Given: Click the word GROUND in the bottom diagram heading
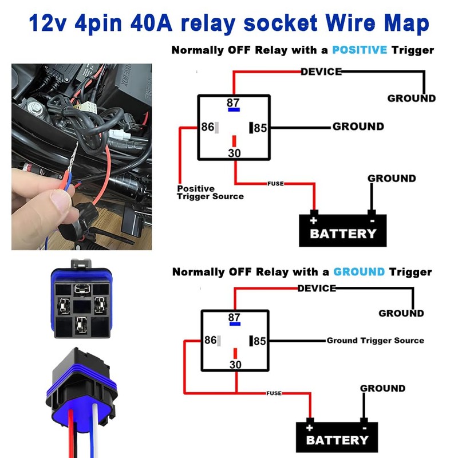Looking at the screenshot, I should click(359, 271).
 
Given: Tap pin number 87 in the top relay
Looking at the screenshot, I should click(233, 103).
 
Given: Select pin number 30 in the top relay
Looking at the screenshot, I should click(234, 153).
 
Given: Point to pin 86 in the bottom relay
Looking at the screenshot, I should click(210, 340).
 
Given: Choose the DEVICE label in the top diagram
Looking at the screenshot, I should click(321, 72).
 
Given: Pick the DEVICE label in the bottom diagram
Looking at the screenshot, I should click(316, 288).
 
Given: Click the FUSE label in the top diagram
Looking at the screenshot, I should click(275, 184).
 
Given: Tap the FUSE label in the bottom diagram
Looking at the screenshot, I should click(274, 393).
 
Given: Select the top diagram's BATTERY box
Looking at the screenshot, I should click(342, 231).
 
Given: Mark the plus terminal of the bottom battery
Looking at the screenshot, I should click(310, 427).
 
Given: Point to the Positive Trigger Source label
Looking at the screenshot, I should click(210, 192).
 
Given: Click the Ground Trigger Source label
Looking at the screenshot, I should click(375, 341).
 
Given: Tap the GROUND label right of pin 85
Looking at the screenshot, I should click(358, 127).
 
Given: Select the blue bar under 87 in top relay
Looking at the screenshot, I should click(234, 110).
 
